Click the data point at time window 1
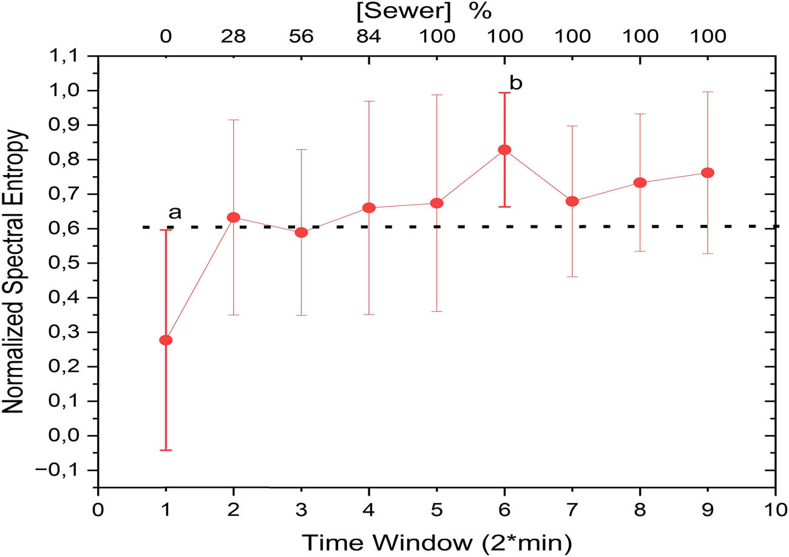tap(166, 340)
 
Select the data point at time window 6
tap(504, 150)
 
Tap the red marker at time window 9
tap(708, 173)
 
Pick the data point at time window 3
tap(301, 233)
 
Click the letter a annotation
tap(175, 213)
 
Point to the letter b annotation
tap(516, 83)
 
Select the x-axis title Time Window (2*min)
tap(436, 542)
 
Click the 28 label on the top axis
tap(233, 36)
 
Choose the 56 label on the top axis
tap(301, 36)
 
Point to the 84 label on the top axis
tap(369, 36)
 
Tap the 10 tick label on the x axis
tap(775, 508)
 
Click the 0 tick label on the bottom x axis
tap(98, 508)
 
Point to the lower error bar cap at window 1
tap(166, 450)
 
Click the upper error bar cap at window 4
tap(369, 101)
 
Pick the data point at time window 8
tap(640, 183)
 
